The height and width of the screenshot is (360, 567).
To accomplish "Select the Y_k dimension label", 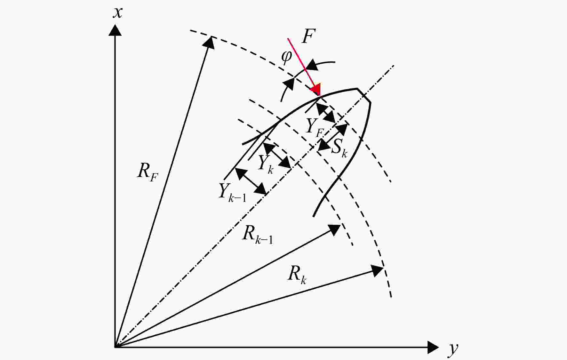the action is click(266, 164).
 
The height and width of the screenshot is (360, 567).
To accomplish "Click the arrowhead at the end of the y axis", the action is click(433, 347).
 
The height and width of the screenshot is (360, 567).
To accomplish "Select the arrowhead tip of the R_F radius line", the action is click(212, 36).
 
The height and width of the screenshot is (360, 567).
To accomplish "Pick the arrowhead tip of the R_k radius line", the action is click(383, 267).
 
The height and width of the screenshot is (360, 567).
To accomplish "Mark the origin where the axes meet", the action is click(115, 347).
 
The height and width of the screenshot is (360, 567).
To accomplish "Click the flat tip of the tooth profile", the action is click(364, 95).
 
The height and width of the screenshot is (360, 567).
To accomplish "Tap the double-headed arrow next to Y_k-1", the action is click(251, 181).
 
